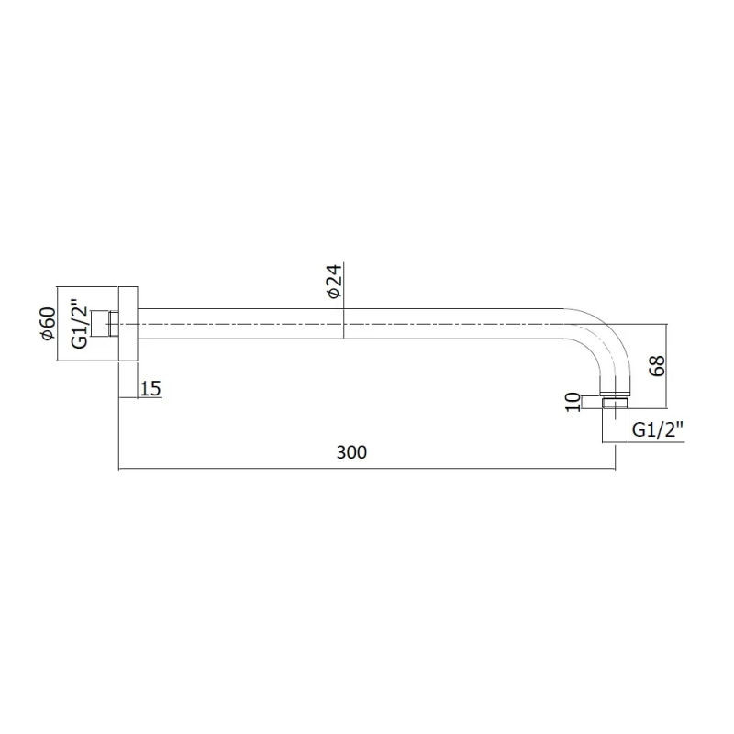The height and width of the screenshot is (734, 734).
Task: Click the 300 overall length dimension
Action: click(x=351, y=452)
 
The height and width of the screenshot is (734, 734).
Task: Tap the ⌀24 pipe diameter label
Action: click(x=335, y=281)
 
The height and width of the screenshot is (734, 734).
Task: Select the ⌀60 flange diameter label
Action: click(x=49, y=324)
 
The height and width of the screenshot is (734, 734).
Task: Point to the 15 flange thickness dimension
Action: click(x=150, y=388)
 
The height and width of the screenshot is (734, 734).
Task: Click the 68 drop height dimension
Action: click(x=657, y=365)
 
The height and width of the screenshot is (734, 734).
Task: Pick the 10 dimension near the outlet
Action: click(x=573, y=403)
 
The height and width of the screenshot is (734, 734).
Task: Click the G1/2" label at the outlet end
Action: click(x=658, y=429)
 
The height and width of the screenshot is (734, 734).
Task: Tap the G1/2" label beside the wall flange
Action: click(x=80, y=324)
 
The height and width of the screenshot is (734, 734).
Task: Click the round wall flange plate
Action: click(x=128, y=324)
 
